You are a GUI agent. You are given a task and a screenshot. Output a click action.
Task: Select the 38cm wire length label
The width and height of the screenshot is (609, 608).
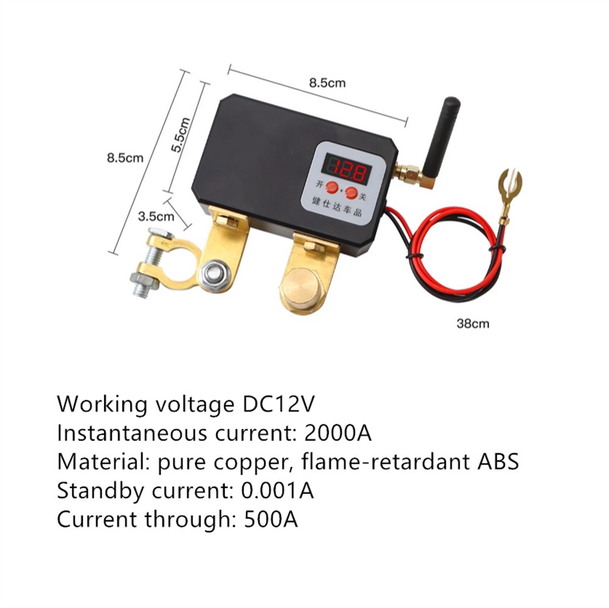(473, 323)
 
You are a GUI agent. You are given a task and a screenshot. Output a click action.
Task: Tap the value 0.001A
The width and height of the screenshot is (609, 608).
(278, 490)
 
